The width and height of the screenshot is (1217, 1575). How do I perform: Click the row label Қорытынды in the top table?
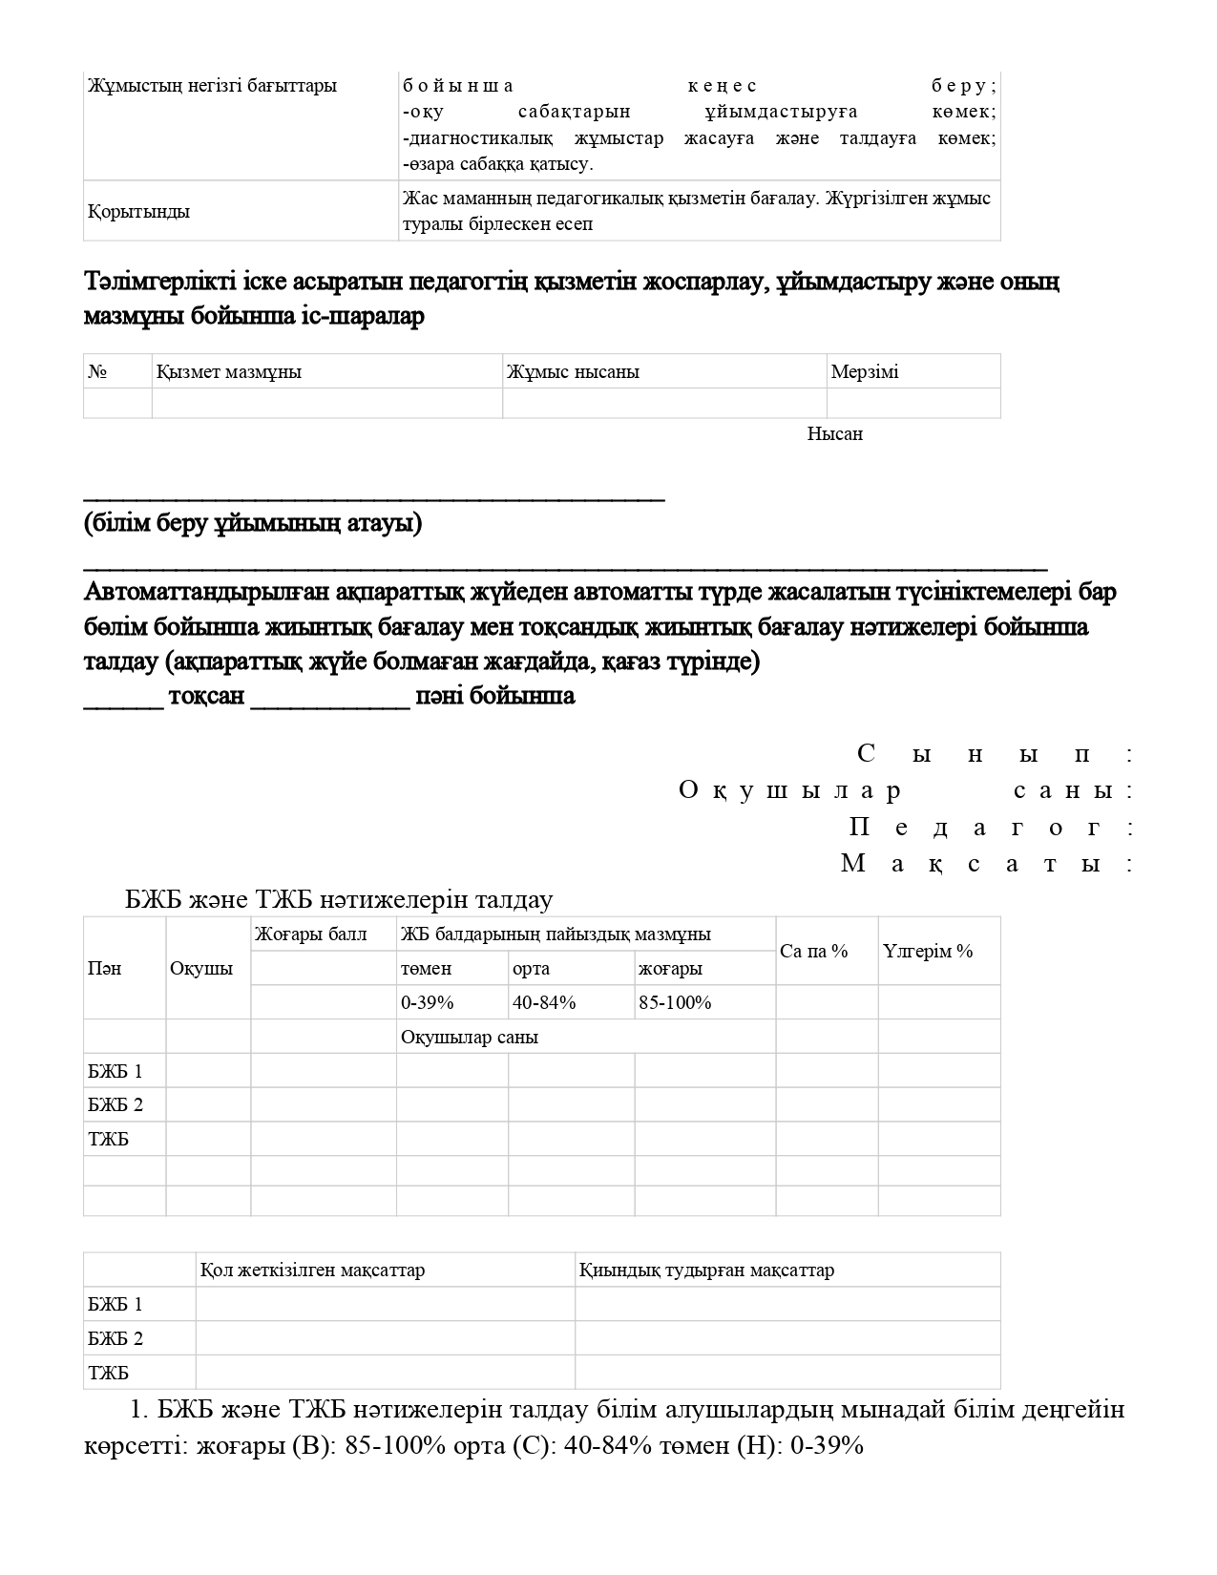coord(138,212)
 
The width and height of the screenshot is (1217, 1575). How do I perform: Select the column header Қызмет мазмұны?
coord(228,372)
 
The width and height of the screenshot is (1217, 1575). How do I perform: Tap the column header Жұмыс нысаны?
coord(573,372)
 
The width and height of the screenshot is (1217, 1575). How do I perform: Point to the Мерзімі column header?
coord(865,372)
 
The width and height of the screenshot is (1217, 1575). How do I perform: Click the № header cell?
coord(96,372)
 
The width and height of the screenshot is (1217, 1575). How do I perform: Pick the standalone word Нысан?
coord(835,434)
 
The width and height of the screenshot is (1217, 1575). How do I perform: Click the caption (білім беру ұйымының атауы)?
coord(253,524)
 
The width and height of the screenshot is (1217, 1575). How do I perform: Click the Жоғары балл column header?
coord(310,934)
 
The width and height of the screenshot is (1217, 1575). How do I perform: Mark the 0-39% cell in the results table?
coord(428,1003)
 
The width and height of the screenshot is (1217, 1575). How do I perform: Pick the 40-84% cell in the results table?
coord(544,1003)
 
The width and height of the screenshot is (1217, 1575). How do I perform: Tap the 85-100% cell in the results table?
coord(675,1003)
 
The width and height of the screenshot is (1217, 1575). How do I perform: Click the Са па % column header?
coord(814,952)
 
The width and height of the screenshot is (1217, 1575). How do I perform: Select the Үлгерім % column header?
coord(928,952)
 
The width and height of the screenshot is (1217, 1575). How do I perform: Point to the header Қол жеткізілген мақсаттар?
coord(312,1270)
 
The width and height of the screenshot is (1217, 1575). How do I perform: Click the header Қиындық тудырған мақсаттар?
coord(706,1270)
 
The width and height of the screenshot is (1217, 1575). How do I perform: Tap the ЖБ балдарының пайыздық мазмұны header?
coord(556,934)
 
